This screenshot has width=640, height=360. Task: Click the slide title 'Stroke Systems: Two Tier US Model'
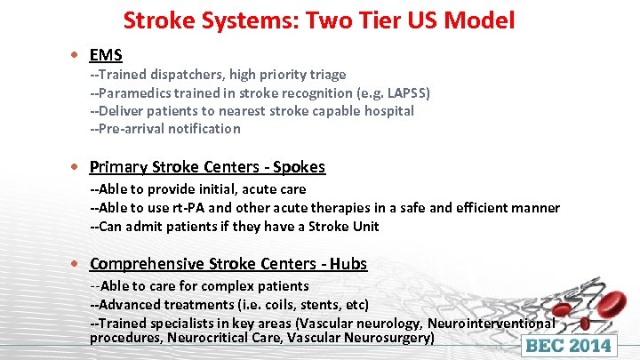click(x=318, y=20)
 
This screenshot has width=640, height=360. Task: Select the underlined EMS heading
click(x=106, y=56)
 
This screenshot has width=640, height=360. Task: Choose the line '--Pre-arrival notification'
click(x=164, y=129)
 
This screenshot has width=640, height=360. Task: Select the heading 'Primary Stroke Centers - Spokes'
click(x=207, y=167)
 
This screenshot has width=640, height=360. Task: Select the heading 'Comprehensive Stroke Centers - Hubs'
click(x=228, y=264)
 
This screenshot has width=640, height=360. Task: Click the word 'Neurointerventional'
click(x=492, y=324)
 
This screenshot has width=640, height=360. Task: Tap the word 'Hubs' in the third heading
click(x=348, y=264)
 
